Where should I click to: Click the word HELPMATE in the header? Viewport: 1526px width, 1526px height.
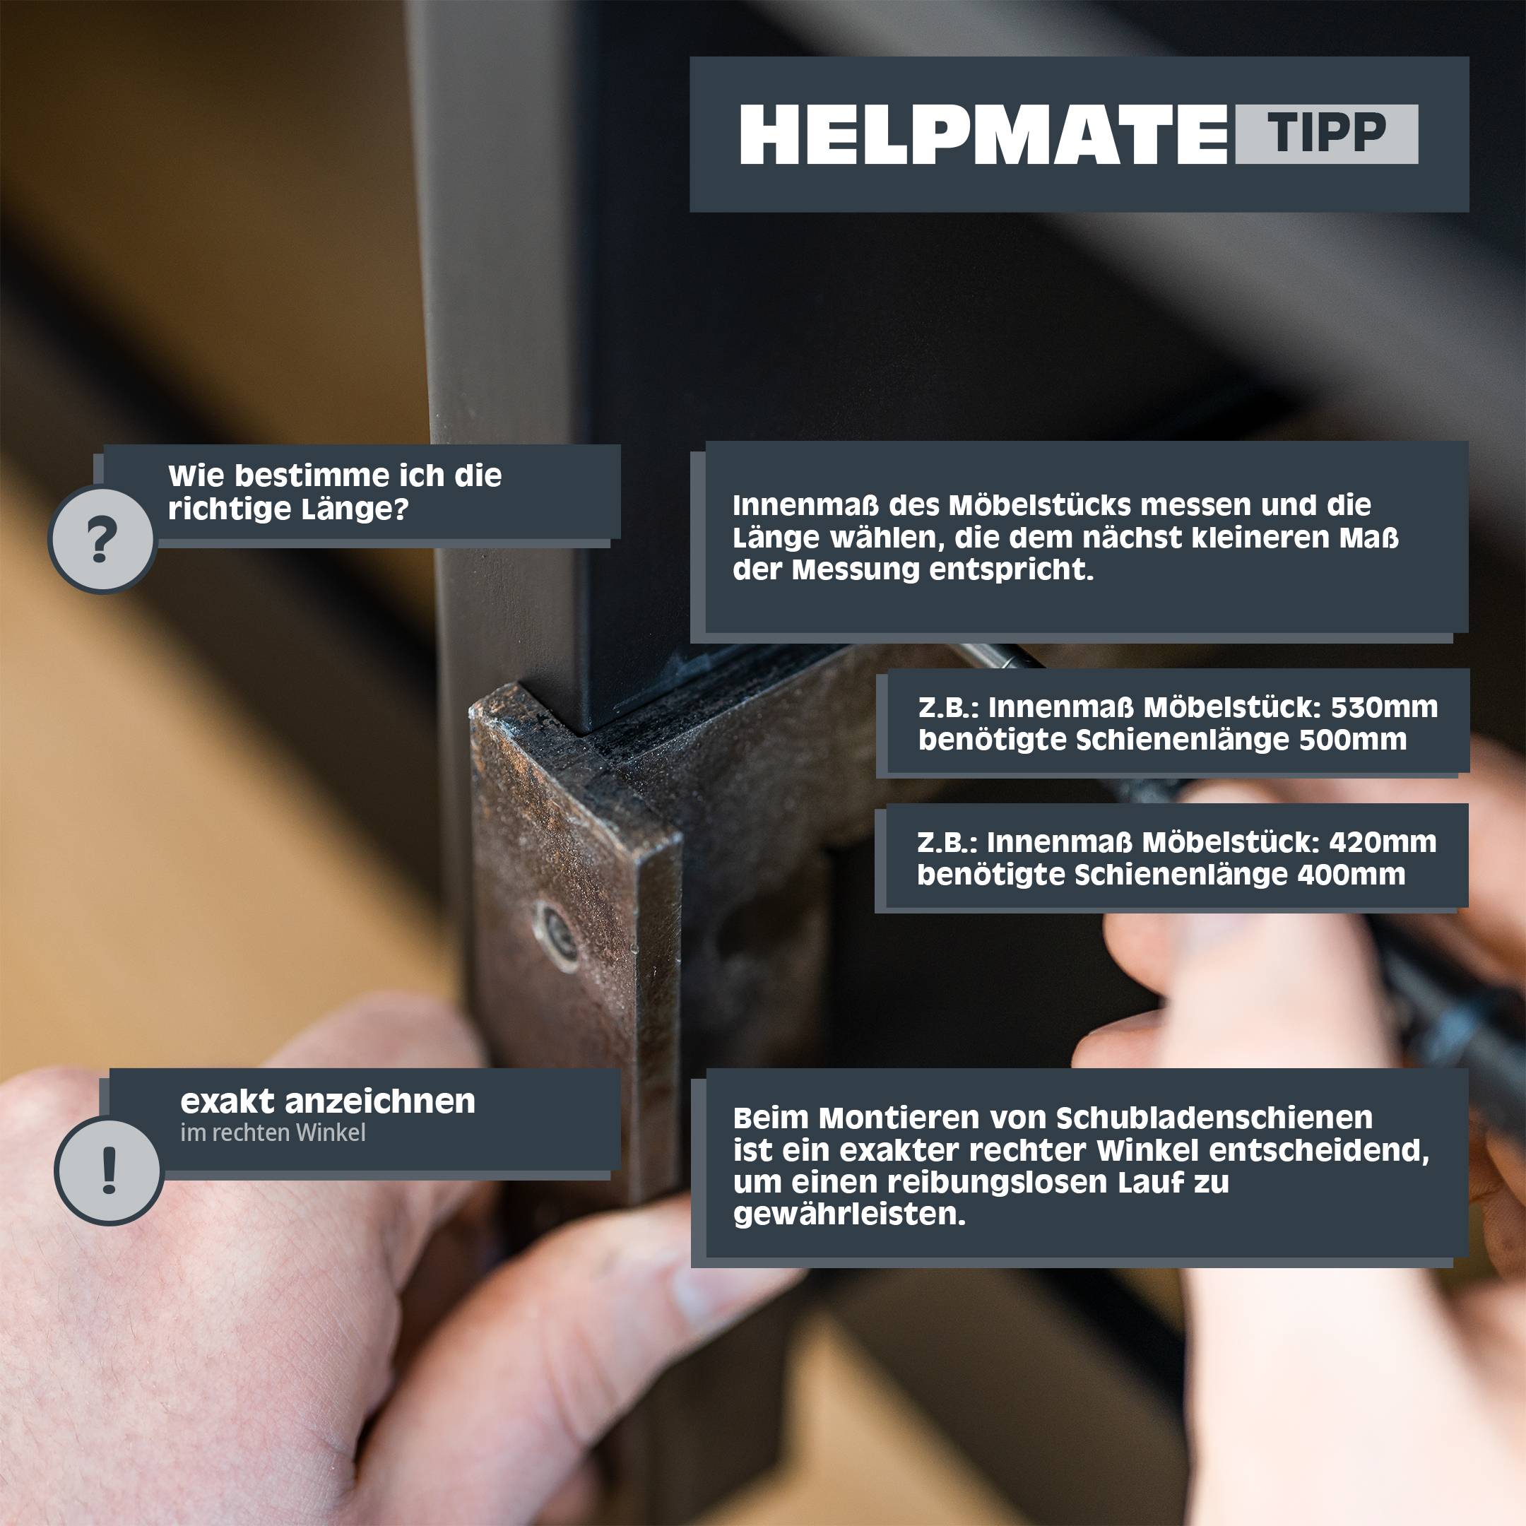[983, 135]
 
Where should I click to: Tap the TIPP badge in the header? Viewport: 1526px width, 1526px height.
[1327, 134]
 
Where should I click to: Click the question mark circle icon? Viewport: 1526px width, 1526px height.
[101, 540]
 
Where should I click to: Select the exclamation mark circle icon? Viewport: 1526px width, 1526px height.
[109, 1171]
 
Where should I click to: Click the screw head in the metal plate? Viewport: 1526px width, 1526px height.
[558, 938]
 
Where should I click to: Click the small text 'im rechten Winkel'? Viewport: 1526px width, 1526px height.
[273, 1132]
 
